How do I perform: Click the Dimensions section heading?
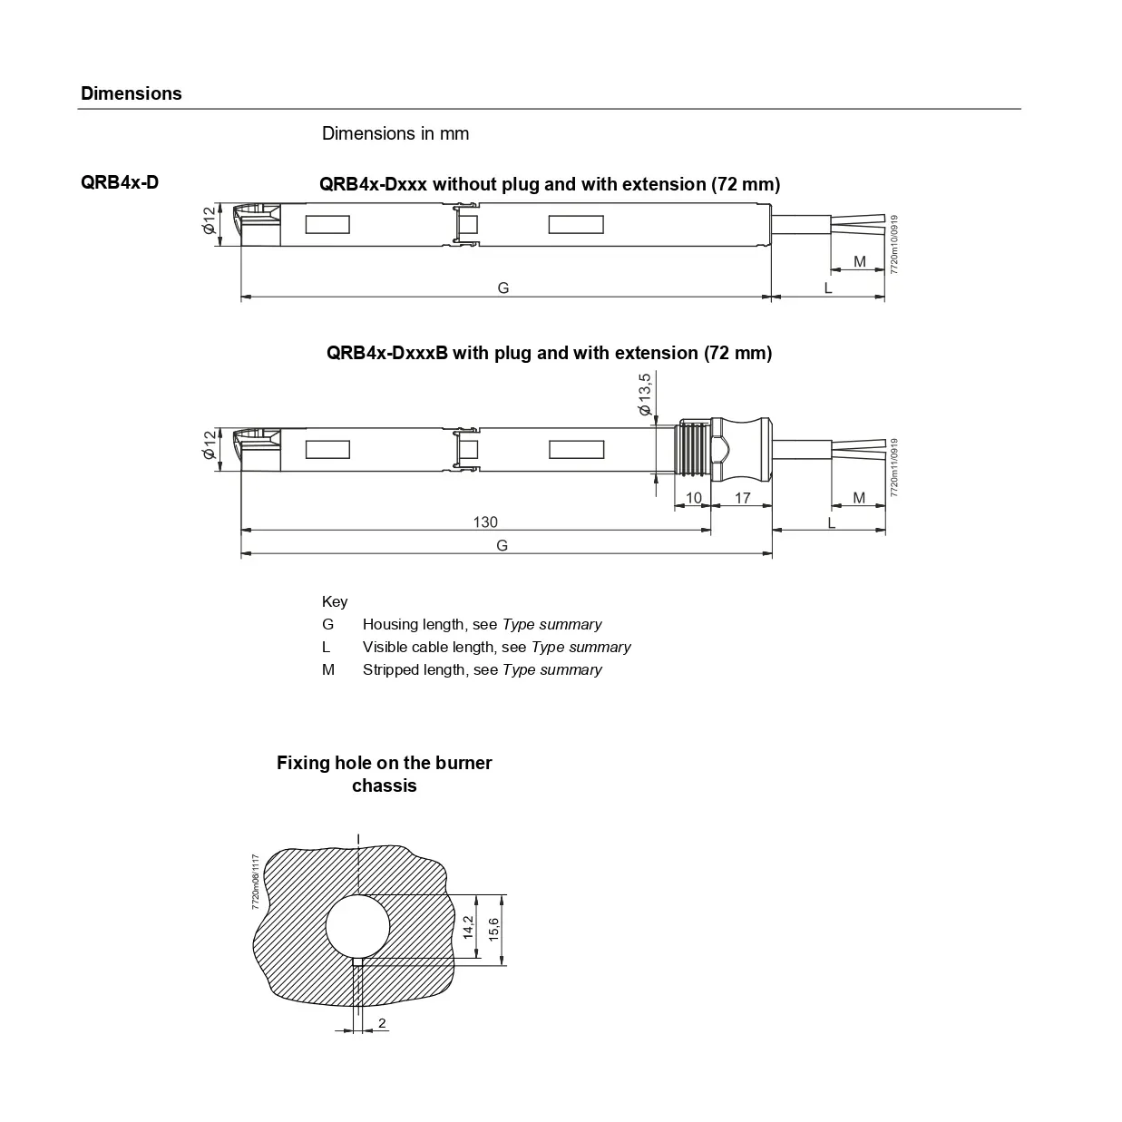pyautogui.click(x=131, y=93)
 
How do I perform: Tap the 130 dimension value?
pyautogui.click(x=485, y=522)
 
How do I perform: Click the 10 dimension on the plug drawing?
pyautogui.click(x=694, y=498)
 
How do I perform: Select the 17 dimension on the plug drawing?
pyautogui.click(x=742, y=498)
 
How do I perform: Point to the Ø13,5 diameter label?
pyautogui.click(x=645, y=395)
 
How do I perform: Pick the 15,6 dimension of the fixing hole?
pyautogui.click(x=493, y=930)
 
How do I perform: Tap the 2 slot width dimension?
pyautogui.click(x=382, y=1023)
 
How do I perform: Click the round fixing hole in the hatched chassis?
pyautogui.click(x=357, y=926)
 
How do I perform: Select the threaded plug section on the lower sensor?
pyautogui.click(x=693, y=449)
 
